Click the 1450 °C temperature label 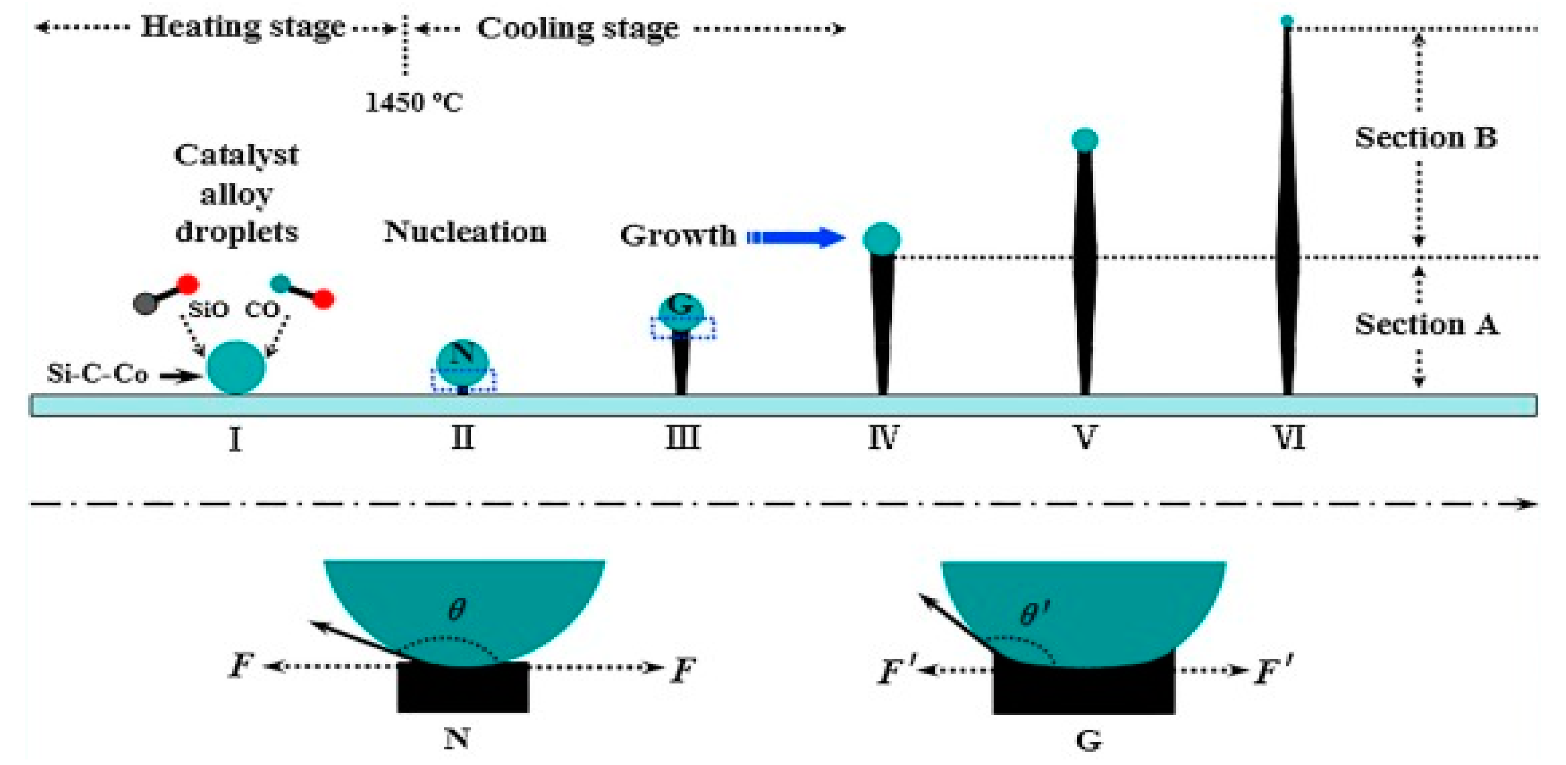point(413,102)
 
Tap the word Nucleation point(465,232)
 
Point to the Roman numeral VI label point(1288,437)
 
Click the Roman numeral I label point(236,439)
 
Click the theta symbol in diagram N point(456,609)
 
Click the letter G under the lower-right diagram point(1088,741)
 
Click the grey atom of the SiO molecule point(146,303)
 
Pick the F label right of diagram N point(682,670)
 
